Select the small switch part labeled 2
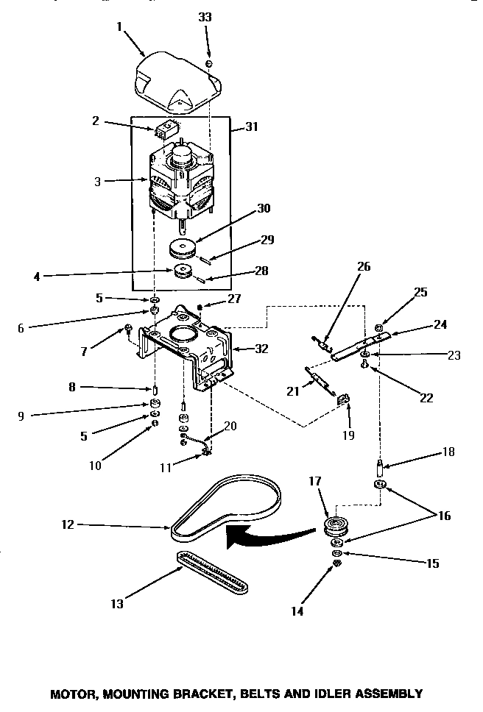166,131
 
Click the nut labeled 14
336,563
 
